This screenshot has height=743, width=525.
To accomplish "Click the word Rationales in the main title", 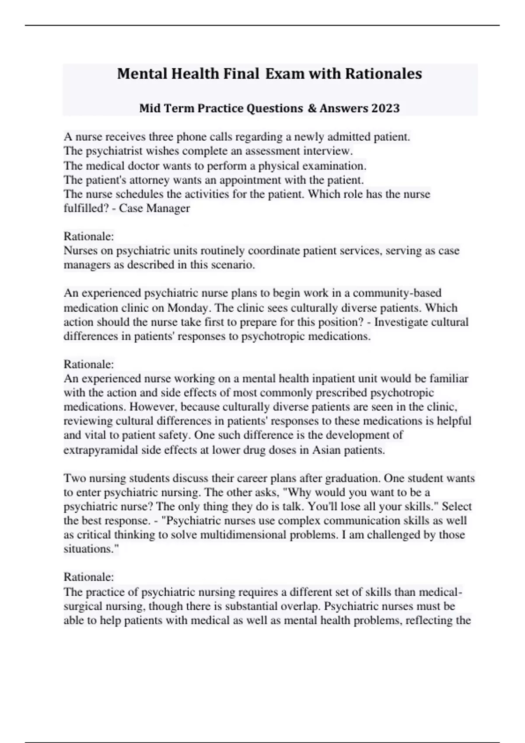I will point(383,73).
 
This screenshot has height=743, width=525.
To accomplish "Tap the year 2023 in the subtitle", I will point(385,108).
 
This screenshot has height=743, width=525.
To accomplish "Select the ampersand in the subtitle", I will point(312,108).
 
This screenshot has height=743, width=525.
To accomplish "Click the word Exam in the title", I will point(285,73).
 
